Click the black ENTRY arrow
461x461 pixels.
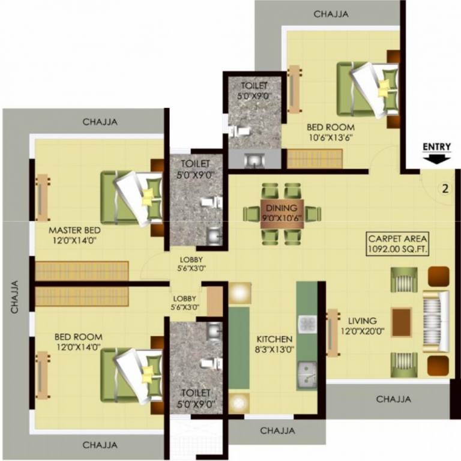click(x=438, y=158)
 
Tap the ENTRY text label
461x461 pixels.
click(x=437, y=146)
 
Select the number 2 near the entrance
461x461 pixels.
click(x=445, y=188)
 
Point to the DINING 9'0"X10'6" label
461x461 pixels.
click(x=282, y=212)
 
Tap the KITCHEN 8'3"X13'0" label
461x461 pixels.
click(x=274, y=344)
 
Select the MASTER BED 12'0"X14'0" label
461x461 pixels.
click(x=74, y=235)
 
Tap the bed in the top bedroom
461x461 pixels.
click(x=367, y=89)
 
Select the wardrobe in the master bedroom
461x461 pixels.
click(x=82, y=270)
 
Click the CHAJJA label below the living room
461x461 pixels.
click(x=394, y=399)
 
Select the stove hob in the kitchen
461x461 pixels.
click(x=307, y=324)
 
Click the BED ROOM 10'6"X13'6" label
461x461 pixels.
click(x=330, y=131)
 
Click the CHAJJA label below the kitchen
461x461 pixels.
click(x=277, y=430)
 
